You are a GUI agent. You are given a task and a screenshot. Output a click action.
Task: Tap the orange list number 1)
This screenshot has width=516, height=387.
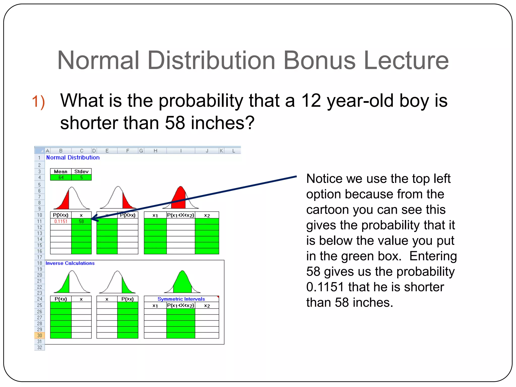(x=38, y=102)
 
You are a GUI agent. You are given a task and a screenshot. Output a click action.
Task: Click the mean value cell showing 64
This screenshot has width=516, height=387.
(x=61, y=178)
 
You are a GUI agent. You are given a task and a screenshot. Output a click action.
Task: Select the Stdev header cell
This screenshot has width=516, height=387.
(x=81, y=172)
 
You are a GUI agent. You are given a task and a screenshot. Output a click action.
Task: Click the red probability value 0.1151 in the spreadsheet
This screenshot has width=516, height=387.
(x=61, y=221)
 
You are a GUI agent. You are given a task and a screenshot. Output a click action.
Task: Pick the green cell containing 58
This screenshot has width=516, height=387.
(x=81, y=221)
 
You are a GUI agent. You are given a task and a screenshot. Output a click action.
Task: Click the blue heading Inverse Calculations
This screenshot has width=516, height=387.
(x=70, y=263)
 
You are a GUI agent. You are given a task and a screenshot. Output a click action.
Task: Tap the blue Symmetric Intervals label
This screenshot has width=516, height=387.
(x=181, y=299)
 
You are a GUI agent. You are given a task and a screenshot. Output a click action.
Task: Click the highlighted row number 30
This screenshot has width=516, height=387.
(x=40, y=336)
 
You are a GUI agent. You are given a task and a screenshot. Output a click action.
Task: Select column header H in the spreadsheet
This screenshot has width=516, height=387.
(x=155, y=151)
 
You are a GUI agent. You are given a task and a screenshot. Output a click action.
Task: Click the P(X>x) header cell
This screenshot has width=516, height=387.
(x=127, y=215)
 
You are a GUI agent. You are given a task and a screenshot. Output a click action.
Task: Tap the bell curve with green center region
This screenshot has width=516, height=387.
(x=182, y=282)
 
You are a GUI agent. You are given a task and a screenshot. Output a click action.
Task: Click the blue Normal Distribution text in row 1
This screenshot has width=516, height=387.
(x=73, y=158)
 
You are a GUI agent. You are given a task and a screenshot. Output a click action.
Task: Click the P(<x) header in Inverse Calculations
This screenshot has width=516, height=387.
(x=61, y=299)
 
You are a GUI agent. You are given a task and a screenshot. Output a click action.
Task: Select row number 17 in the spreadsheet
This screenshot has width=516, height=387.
(x=40, y=257)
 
